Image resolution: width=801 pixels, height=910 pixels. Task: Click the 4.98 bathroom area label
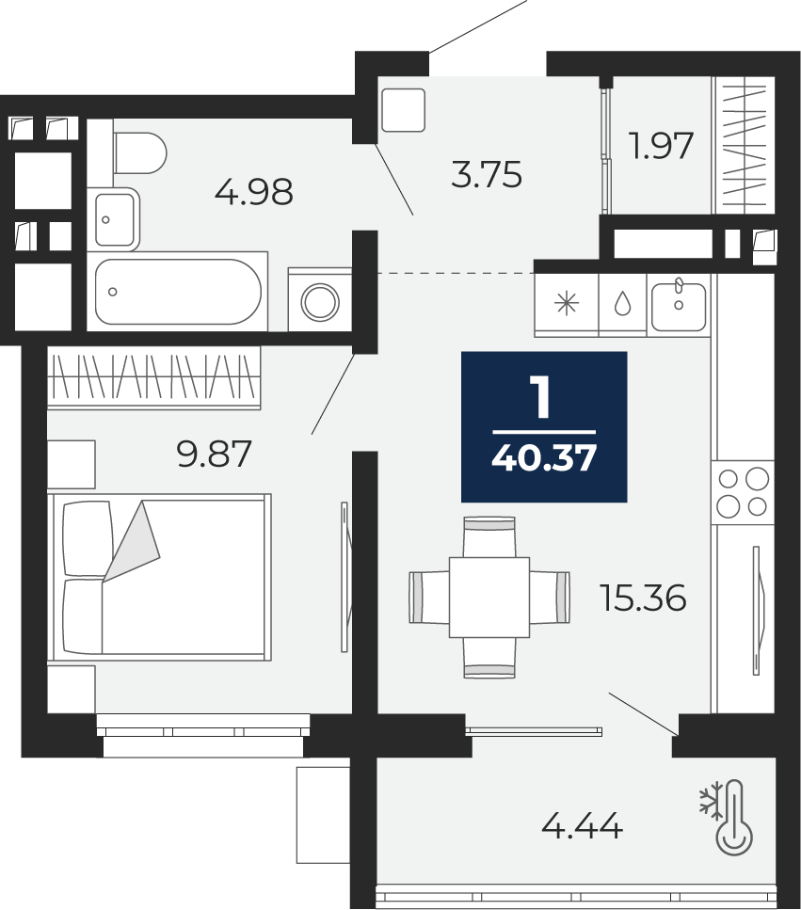253,192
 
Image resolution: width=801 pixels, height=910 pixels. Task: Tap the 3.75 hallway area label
487,175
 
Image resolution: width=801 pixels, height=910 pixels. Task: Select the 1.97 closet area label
663,146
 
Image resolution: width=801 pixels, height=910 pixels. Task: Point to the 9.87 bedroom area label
215,454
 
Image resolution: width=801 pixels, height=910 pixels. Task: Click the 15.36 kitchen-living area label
644,599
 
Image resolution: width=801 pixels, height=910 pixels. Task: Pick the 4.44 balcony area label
583,825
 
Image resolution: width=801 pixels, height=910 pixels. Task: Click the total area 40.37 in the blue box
544,459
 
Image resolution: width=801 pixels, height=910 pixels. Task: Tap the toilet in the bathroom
140,152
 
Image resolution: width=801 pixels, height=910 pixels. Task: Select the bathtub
178,292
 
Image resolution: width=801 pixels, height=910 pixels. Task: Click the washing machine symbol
320,300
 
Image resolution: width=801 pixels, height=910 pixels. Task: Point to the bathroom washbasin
117,219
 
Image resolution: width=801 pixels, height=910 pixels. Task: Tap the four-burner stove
743,493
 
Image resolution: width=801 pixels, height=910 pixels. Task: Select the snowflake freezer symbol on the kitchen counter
567,304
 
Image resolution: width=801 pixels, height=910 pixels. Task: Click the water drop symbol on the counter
623,303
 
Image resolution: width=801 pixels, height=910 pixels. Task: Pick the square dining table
489,598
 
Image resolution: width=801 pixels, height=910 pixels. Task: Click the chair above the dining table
489,536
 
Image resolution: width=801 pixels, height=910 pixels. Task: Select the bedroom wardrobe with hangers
153,377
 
